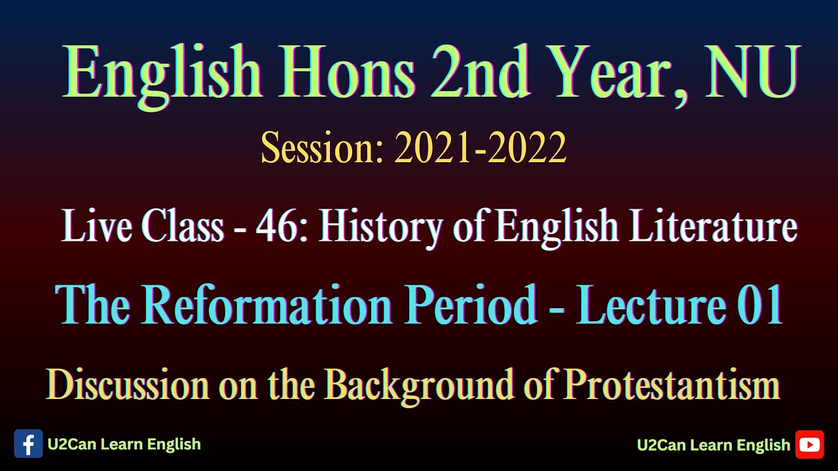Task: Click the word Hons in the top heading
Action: point(341,74)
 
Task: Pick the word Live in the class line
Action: point(98,227)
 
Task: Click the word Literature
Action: point(714,227)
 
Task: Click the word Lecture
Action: point(649,305)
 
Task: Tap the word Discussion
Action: point(128,385)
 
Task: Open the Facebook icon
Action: point(28,444)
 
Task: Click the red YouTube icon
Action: point(809,445)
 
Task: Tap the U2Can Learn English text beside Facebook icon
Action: point(124,445)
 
